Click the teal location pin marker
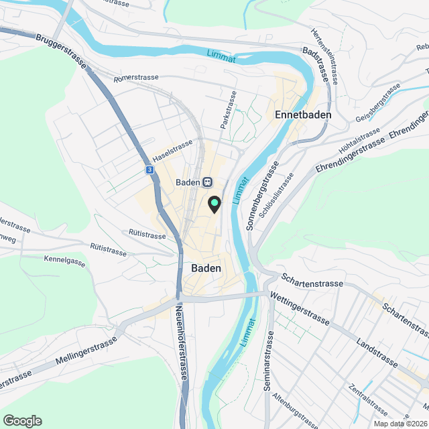click(214, 204)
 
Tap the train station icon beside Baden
click(208, 182)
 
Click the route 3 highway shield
click(149, 171)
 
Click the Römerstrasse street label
click(137, 78)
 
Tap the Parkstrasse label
click(229, 110)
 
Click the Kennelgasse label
click(65, 260)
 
